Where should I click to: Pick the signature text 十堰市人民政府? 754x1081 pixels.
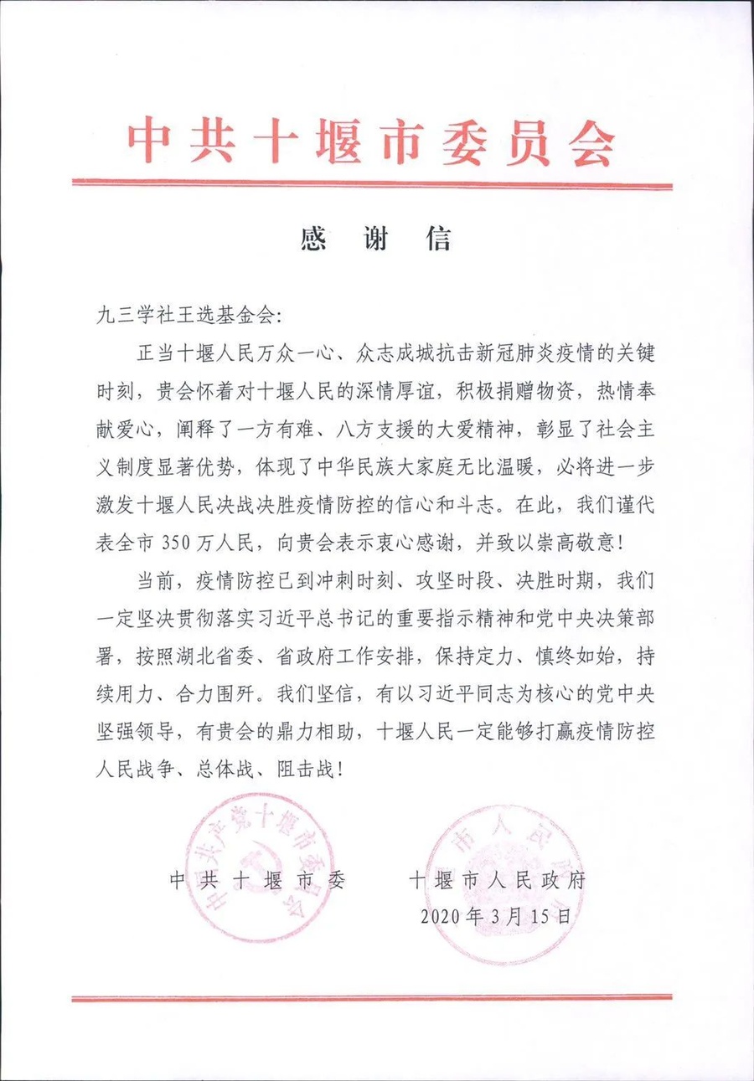(x=498, y=880)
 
